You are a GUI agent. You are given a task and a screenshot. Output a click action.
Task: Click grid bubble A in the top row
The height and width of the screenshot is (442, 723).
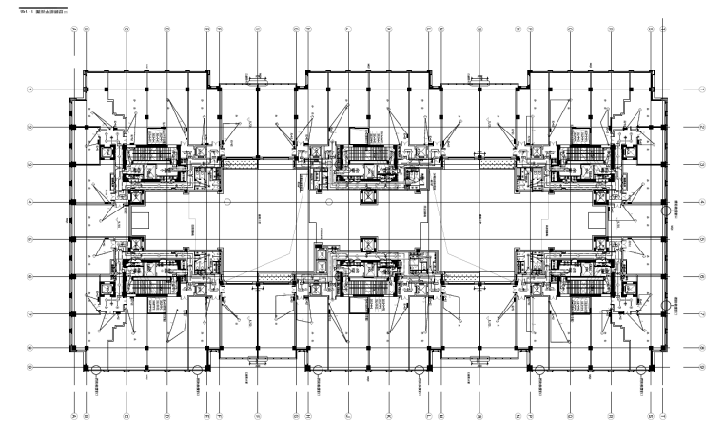[74, 30]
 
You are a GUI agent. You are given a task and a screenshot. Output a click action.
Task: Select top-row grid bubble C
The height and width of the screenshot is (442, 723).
[127, 30]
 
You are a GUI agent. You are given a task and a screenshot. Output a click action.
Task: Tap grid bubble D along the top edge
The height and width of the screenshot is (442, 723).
[166, 30]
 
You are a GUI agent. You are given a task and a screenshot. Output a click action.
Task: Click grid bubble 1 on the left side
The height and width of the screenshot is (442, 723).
[31, 90]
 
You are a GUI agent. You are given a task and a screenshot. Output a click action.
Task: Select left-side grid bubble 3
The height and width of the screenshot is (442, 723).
[31, 164]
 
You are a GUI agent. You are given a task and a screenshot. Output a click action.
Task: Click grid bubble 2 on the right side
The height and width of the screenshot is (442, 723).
[702, 127]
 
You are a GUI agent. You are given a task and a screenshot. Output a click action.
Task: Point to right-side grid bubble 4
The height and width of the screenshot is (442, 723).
[702, 202]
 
